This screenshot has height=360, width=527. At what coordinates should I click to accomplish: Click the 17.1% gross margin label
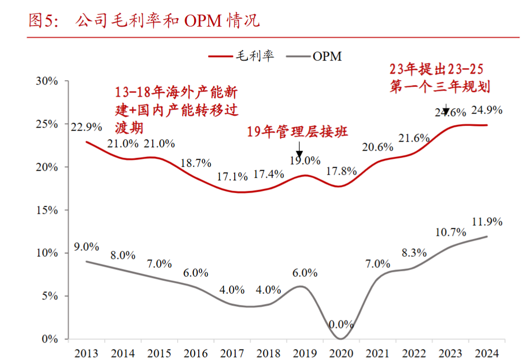[x=232, y=177]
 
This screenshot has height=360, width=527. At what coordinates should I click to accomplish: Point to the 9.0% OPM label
[x=86, y=247]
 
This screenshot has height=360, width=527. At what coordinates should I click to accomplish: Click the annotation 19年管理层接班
[x=298, y=132]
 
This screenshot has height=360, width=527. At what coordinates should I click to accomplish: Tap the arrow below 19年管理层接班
[x=299, y=149]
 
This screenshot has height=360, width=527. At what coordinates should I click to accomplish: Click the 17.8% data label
[x=341, y=171]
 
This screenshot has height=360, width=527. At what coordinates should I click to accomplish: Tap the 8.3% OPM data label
[x=413, y=253]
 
